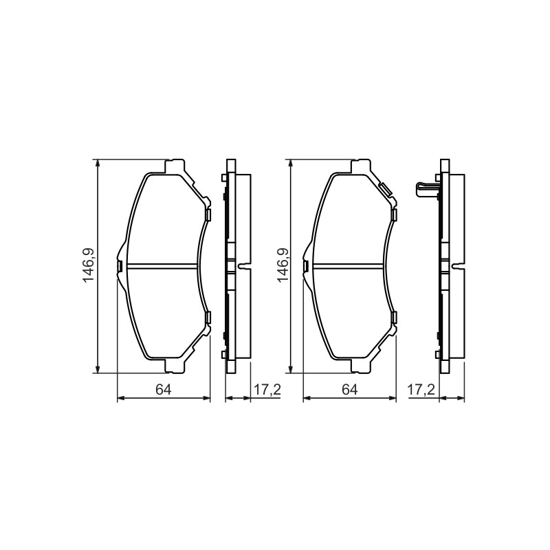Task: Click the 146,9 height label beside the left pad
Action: pos(88,265)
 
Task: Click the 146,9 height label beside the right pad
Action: pos(283,265)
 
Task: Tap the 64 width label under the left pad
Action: pos(164,390)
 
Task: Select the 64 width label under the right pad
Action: pos(350,390)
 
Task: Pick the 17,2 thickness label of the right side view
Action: pos(421,390)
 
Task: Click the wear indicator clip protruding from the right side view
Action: pos(426,190)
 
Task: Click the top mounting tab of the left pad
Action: pos(175,166)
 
